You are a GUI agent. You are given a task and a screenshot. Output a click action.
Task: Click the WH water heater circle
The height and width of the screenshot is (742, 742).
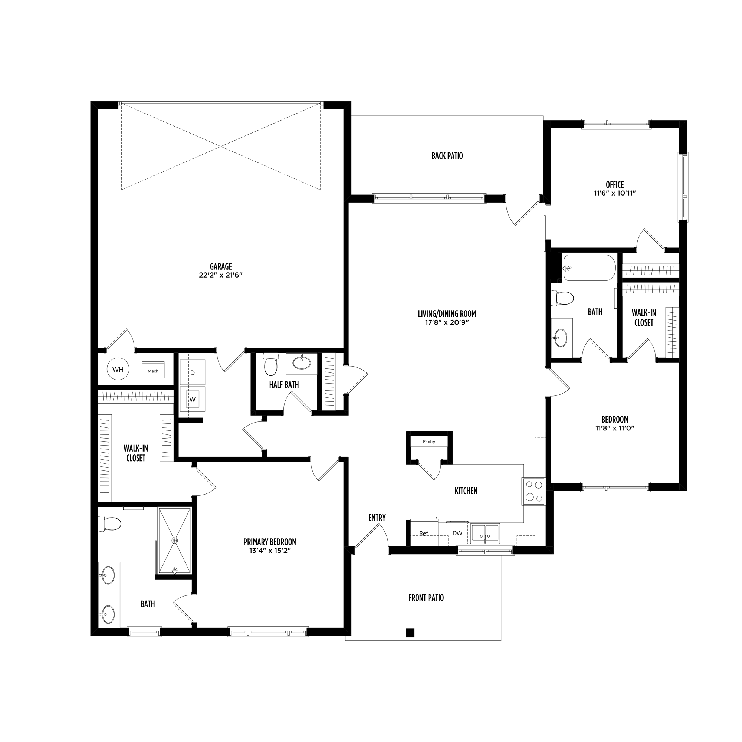coord(118,369)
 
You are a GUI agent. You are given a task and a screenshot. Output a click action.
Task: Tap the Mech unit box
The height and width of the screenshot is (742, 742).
coord(153,370)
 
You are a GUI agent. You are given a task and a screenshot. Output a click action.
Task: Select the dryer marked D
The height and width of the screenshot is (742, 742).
coord(193,372)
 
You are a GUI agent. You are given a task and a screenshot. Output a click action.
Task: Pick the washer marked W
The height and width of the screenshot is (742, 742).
coord(193,399)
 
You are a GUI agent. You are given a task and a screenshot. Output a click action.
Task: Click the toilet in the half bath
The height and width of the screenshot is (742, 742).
coord(270,364)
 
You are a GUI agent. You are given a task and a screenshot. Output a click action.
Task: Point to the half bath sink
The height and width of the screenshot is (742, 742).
coord(302,362)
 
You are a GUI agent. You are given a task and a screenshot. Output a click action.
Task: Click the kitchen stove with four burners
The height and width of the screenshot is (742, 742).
coord(533,491)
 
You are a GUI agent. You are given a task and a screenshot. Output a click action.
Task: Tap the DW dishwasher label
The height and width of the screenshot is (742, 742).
coord(457,533)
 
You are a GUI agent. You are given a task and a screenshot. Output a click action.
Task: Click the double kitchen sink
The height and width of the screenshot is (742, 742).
coord(485,533)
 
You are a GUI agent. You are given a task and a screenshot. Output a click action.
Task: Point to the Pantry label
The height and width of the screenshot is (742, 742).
coord(429,441)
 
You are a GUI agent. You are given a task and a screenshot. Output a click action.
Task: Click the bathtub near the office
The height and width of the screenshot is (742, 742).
coord(589,268)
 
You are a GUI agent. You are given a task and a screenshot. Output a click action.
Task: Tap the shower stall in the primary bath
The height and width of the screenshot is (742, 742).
coord(175,541)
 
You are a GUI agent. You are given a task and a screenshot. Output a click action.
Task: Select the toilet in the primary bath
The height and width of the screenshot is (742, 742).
coord(109,523)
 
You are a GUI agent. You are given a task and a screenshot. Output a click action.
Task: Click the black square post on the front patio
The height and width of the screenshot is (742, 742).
coord(410,633)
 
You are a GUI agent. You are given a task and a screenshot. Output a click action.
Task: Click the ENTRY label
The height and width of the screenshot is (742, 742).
coord(377,518)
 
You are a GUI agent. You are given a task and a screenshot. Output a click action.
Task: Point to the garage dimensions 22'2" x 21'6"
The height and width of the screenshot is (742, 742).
coord(221,275)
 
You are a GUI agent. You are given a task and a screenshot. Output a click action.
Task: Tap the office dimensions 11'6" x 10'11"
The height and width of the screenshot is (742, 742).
coord(615,193)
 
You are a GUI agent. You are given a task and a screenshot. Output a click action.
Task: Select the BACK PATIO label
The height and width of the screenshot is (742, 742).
coord(447,155)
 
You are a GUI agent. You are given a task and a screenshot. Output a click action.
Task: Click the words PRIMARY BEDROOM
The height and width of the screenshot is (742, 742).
coord(270,542)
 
